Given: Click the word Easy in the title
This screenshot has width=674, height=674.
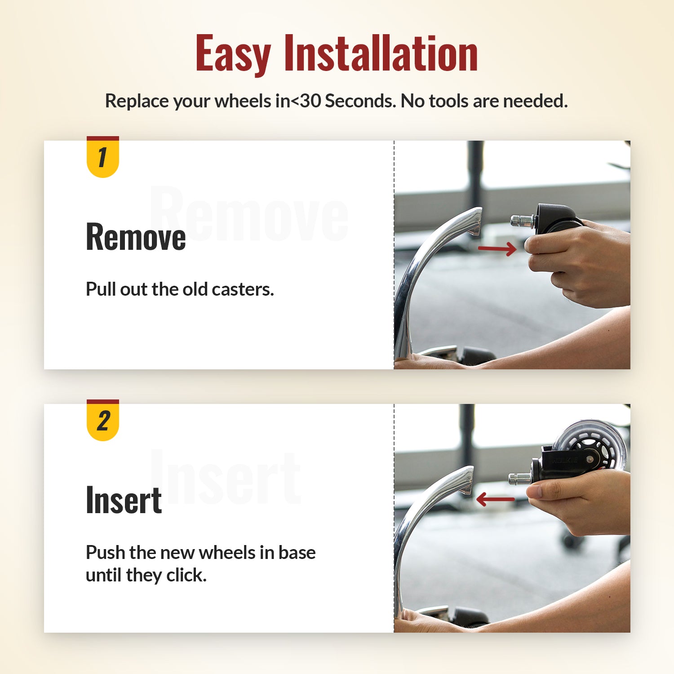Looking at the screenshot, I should [233, 54].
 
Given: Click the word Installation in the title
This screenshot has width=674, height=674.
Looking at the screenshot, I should [381, 54].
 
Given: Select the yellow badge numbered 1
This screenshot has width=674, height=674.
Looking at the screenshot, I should [102, 158].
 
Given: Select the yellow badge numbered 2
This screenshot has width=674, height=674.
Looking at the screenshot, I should [102, 421].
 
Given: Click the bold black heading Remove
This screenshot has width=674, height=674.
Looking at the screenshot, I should [136, 237].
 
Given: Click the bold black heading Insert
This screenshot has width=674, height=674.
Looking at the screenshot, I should [124, 500].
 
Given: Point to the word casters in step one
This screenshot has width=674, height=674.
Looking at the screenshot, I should [242, 289].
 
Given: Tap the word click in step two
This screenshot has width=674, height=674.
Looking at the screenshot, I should [186, 575].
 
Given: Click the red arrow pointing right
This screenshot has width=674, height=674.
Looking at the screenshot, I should [497, 248].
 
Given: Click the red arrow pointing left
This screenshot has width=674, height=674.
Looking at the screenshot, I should [495, 499].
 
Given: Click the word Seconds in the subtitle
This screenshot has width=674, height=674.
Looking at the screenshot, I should [360, 101].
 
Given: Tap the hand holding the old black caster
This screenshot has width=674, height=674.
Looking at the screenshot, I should [580, 265].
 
